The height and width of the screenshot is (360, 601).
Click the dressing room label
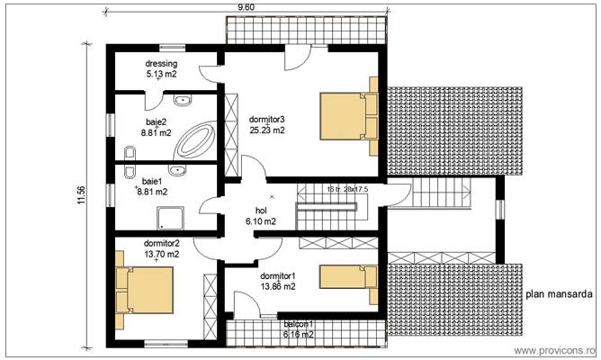pos(162,64)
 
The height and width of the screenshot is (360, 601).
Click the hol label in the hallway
pos(261,211)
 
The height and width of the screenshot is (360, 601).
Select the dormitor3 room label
pos(267,120)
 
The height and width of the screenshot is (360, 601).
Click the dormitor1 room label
pos(277,275)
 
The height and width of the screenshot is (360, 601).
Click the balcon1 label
pos(299,324)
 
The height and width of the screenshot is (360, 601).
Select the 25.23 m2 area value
pos(267,130)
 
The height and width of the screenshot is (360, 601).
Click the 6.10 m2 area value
pos(261,220)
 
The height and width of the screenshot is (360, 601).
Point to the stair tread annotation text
pos(347,189)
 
